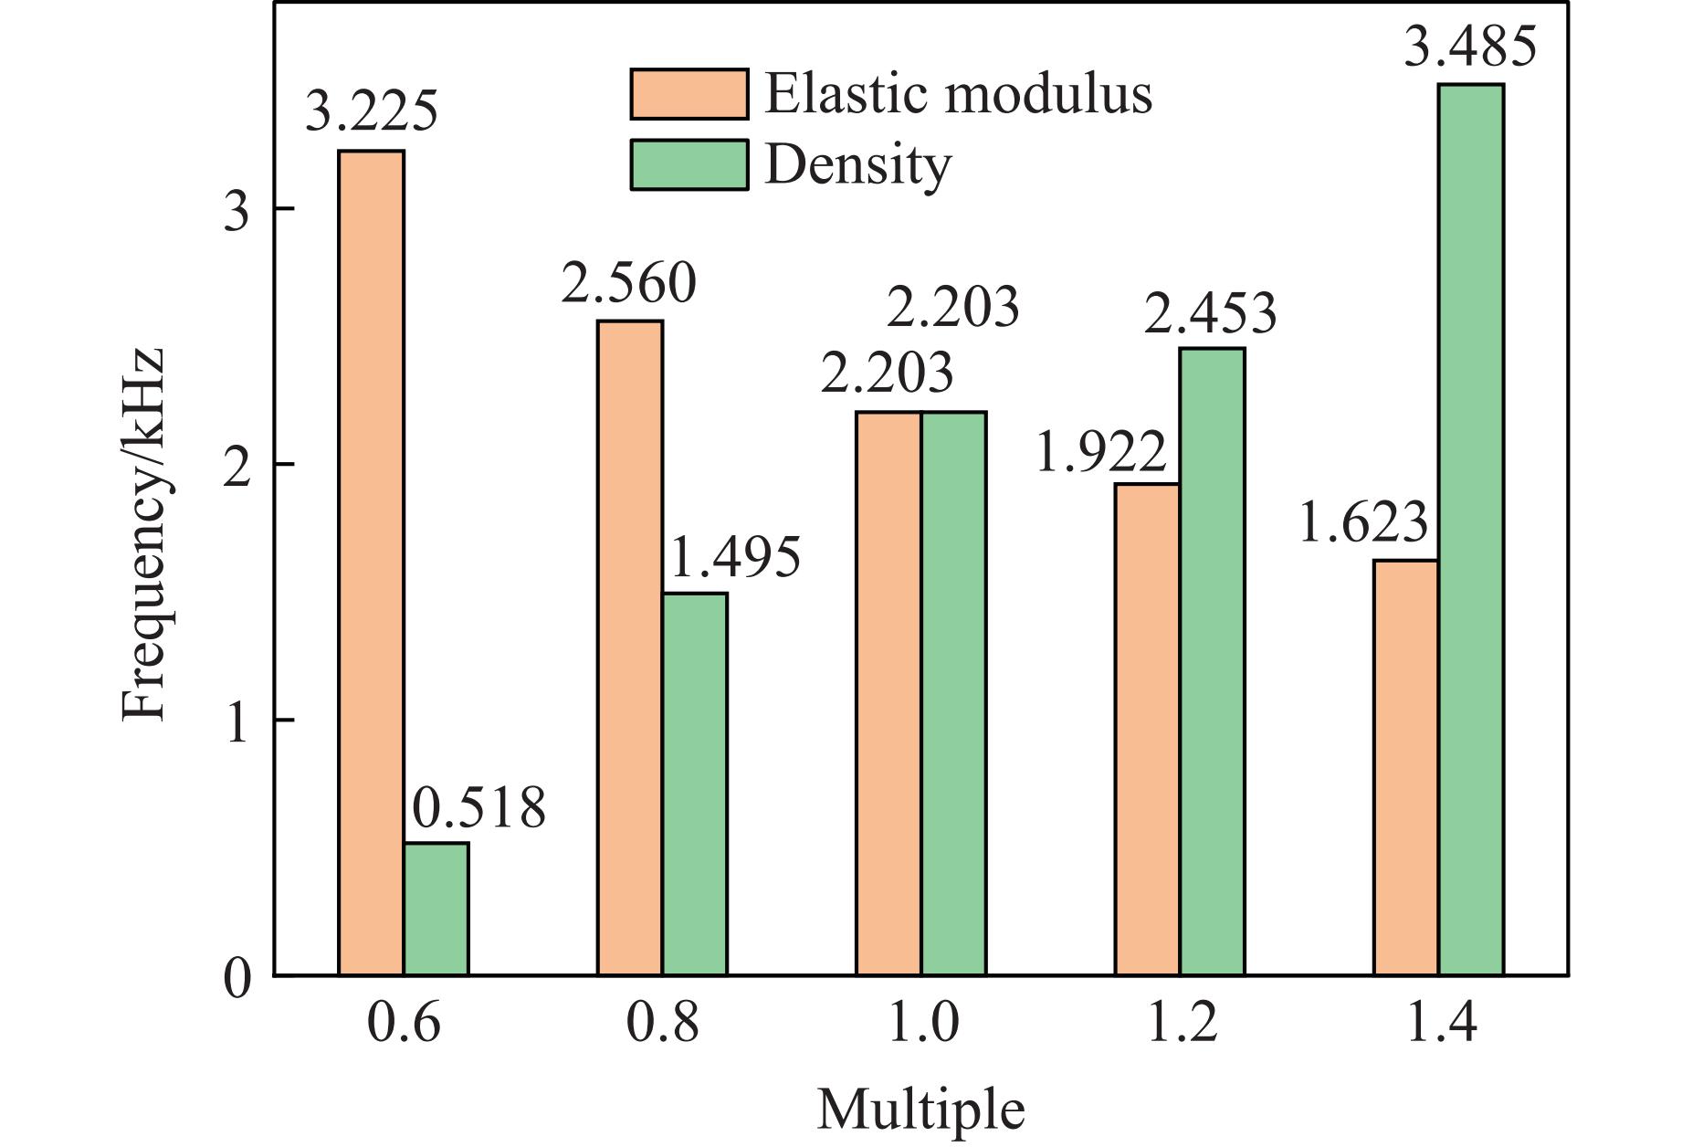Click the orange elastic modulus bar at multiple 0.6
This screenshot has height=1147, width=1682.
click(x=371, y=563)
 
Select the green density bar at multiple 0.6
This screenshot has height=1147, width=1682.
click(x=436, y=909)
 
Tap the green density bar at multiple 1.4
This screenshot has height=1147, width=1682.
click(x=1471, y=530)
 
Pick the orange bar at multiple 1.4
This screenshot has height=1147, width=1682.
click(x=1406, y=767)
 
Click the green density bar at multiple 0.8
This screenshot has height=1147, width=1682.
click(x=695, y=784)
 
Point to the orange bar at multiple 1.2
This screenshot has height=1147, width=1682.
click(x=1147, y=729)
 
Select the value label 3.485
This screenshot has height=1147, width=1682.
click(x=1470, y=47)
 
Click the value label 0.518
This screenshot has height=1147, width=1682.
click(x=478, y=809)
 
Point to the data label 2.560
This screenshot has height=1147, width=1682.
click(x=628, y=284)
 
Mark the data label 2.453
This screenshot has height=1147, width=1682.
click(x=1209, y=314)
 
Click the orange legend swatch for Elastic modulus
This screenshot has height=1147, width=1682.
click(x=689, y=94)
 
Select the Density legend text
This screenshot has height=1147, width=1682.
click(x=857, y=166)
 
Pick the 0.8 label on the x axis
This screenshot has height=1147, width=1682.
click(x=662, y=1024)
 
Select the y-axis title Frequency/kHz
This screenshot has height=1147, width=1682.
click(x=143, y=535)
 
